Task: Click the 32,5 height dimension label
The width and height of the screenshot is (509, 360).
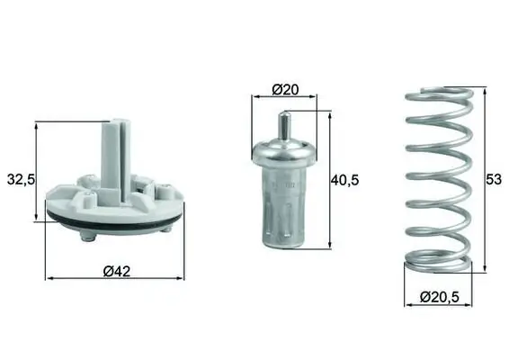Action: [20, 179]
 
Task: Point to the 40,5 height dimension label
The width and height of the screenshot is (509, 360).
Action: [344, 180]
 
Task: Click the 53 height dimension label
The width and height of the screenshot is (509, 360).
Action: [493, 179]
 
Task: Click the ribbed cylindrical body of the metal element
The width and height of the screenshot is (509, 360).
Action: [285, 211]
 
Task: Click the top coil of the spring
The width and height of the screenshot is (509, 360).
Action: [435, 94]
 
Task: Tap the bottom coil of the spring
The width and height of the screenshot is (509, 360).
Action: [435, 264]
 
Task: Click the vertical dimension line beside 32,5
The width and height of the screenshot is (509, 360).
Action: [38, 171]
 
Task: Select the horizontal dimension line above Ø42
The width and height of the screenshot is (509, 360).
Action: [114, 277]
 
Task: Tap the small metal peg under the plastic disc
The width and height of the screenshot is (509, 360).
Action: [86, 237]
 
